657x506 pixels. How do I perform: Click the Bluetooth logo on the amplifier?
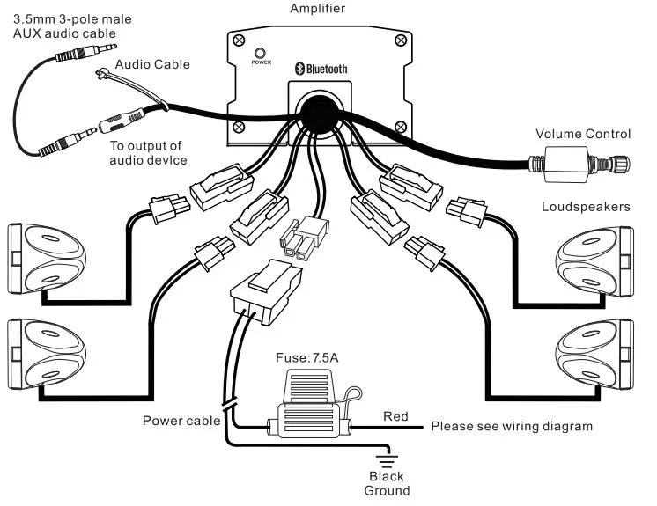click(x=321, y=69)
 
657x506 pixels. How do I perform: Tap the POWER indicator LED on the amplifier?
click(x=262, y=53)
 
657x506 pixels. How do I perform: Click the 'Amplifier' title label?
click(x=318, y=9)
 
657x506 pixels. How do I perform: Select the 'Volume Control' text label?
click(x=584, y=135)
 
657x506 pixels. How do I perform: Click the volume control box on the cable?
click(x=569, y=165)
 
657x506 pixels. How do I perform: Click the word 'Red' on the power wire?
click(x=395, y=415)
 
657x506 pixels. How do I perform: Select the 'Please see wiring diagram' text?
click(x=511, y=427)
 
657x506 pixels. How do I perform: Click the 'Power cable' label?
click(x=181, y=421)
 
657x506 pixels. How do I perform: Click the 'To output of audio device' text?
click(x=145, y=153)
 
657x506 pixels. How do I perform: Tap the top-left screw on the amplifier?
click(x=238, y=40)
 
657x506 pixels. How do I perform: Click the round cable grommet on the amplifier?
click(x=318, y=115)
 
